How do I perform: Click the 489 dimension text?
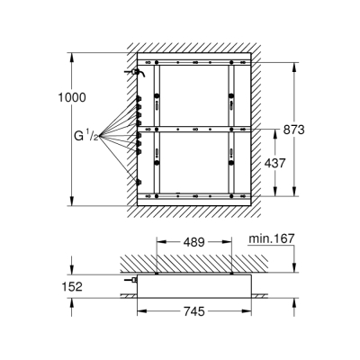coord(193,242)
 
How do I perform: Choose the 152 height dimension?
coord(72,287)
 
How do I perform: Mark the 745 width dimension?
coord(193,311)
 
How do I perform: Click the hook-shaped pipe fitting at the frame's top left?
coord(135,71)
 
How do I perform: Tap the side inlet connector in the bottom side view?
coord(131,281)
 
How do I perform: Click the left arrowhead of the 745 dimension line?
coord(139,311)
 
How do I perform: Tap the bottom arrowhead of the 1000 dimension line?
coord(69,202)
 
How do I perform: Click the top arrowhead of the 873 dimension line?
coord(292,66)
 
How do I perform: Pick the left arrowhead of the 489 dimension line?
coord(158,242)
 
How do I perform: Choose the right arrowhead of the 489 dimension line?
coord(231,242)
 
